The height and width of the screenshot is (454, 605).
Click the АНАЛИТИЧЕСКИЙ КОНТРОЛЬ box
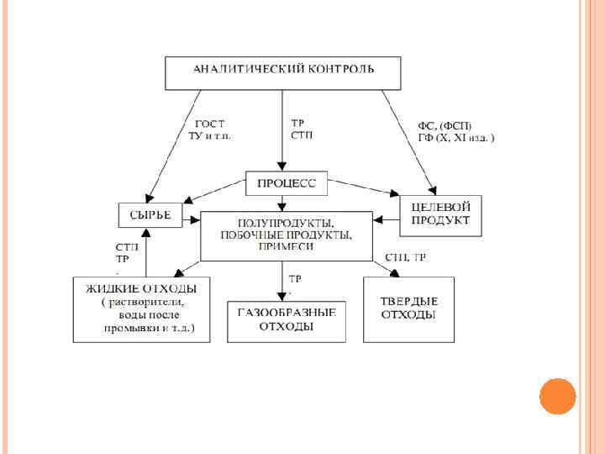[x=282, y=72]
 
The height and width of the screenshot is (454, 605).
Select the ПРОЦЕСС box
[x=286, y=182]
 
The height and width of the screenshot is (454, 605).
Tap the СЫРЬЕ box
[x=150, y=215]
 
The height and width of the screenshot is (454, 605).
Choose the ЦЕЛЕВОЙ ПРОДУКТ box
[x=440, y=214]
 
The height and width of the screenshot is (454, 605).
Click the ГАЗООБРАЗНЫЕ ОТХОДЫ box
[x=287, y=319]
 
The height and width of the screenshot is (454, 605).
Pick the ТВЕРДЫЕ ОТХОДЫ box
[x=408, y=309]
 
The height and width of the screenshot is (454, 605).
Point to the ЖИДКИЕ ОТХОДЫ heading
[x=134, y=288]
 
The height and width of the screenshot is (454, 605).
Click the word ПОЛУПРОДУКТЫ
[x=287, y=222]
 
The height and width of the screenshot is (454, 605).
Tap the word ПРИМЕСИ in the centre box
[x=287, y=247]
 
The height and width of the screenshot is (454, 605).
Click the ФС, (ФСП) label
[x=445, y=124]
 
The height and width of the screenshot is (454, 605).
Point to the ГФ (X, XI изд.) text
[x=456, y=136]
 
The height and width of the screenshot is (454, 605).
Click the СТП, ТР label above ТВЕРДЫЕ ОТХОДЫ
[x=405, y=257]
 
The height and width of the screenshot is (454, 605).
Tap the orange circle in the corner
[x=556, y=395]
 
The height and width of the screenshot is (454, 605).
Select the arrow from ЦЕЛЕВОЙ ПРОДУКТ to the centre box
[x=386, y=220]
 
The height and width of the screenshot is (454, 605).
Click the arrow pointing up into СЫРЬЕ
[x=147, y=252]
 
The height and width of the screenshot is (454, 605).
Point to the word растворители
[x=146, y=302]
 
